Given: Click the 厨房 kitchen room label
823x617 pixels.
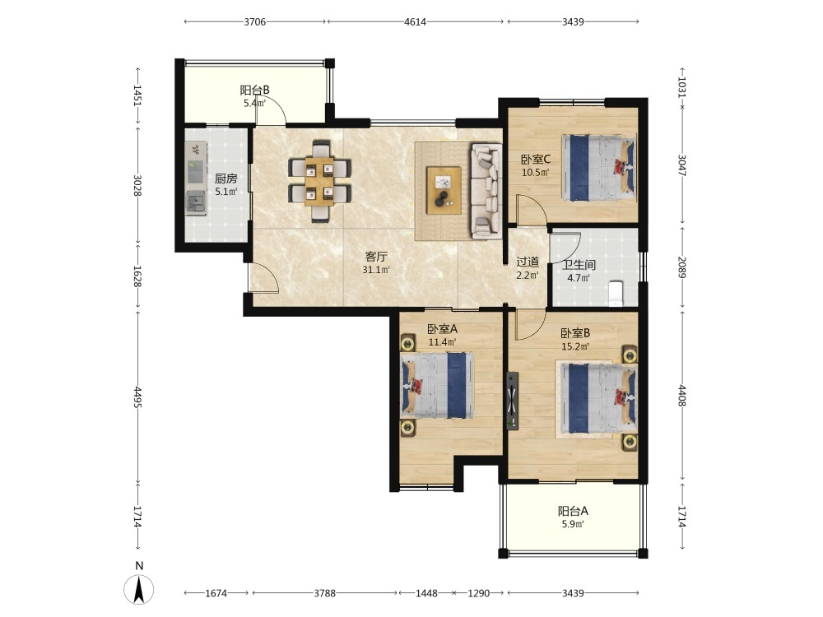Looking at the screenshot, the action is click(x=226, y=179).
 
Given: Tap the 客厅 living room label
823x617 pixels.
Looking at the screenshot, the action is click(x=376, y=257).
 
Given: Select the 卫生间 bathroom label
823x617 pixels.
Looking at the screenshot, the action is click(x=579, y=265).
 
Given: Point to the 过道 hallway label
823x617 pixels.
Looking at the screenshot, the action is click(x=528, y=262).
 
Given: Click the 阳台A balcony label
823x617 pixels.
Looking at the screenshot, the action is click(x=573, y=511).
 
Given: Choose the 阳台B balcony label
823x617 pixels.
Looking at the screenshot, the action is click(x=254, y=90).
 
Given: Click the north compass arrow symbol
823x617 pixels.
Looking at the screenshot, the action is click(x=139, y=589).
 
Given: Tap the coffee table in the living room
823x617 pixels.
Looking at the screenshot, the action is click(x=444, y=190).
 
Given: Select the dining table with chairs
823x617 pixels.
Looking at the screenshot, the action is click(x=319, y=181).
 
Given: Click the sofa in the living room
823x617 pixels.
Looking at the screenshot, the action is click(x=486, y=192).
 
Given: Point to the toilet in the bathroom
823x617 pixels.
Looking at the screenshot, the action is click(x=615, y=294).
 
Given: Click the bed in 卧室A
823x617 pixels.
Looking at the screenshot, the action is click(x=438, y=386).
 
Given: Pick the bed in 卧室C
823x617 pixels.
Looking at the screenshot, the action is click(x=598, y=168).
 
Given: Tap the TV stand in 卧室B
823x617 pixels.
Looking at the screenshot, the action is click(x=512, y=401).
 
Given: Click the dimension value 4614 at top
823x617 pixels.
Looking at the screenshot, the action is click(x=415, y=22).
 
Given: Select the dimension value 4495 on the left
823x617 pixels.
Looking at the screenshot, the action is click(x=137, y=397).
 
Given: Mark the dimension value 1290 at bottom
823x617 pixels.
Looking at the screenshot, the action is click(x=479, y=593).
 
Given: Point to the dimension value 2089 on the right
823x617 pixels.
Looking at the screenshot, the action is click(x=681, y=267).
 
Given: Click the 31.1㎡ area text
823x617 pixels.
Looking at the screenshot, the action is click(x=376, y=270).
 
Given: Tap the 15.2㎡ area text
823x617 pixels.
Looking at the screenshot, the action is click(x=575, y=346).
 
